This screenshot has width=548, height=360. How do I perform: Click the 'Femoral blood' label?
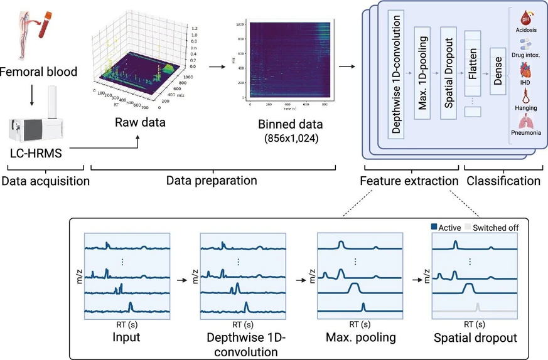click(39, 71)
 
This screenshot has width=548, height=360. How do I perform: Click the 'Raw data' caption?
click(140, 122)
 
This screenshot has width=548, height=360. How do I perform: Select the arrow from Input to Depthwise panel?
click(183, 280)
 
